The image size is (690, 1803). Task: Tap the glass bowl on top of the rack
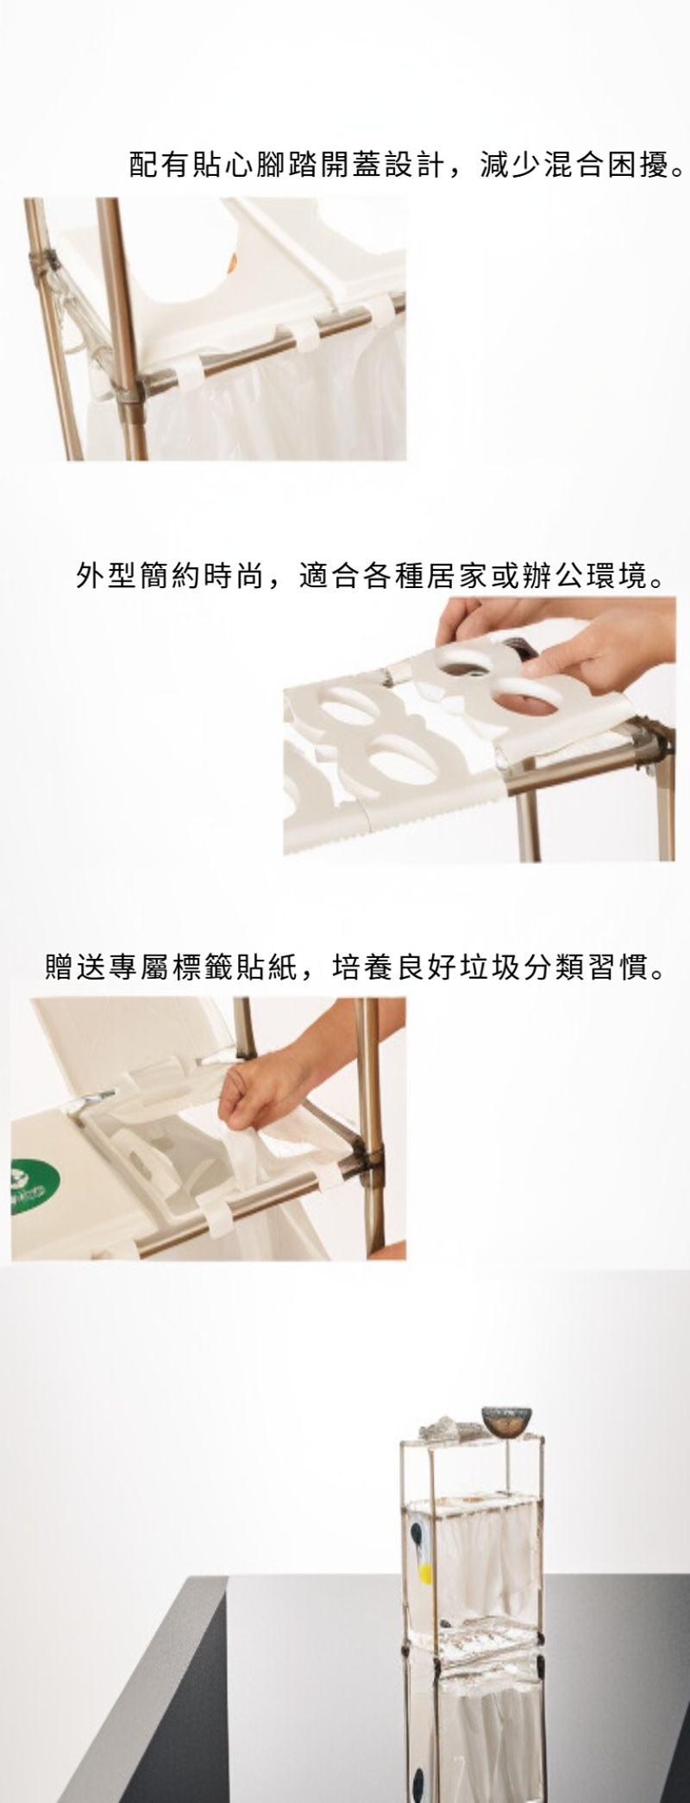(506, 1420)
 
